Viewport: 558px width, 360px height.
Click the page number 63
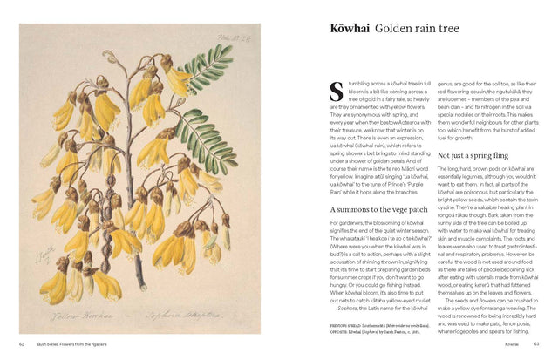tap(537, 343)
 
